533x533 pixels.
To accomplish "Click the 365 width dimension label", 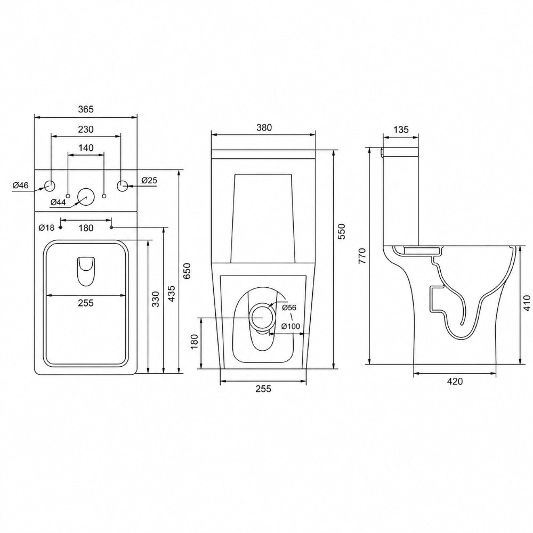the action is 86,109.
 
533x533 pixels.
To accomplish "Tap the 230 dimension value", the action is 86,130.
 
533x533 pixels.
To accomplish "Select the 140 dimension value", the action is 86,148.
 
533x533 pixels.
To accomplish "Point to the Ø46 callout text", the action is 20,185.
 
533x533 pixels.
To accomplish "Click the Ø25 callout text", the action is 149,180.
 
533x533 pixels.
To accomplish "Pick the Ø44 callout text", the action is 58,202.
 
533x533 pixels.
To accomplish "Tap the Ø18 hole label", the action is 46,228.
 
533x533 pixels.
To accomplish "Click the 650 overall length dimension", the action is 187,270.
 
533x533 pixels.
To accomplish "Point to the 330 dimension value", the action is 155,299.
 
